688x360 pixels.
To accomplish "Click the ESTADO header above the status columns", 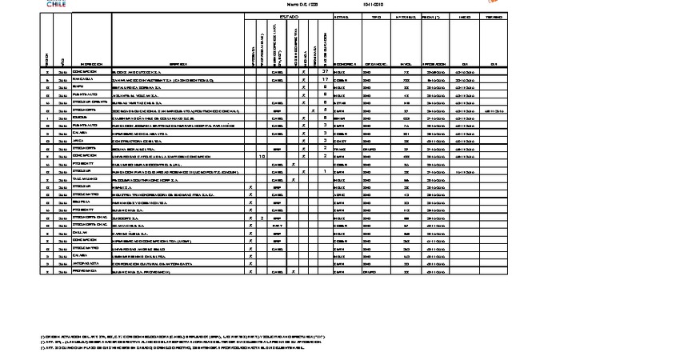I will pyautogui.click(x=288, y=17).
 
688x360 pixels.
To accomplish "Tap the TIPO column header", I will pyautogui.click(x=376, y=17).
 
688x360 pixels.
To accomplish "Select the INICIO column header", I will pyautogui.click(x=465, y=17).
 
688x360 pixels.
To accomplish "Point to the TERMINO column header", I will pyautogui.click(x=494, y=17).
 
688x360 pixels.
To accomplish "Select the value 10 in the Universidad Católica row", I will pyautogui.click(x=262, y=156).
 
